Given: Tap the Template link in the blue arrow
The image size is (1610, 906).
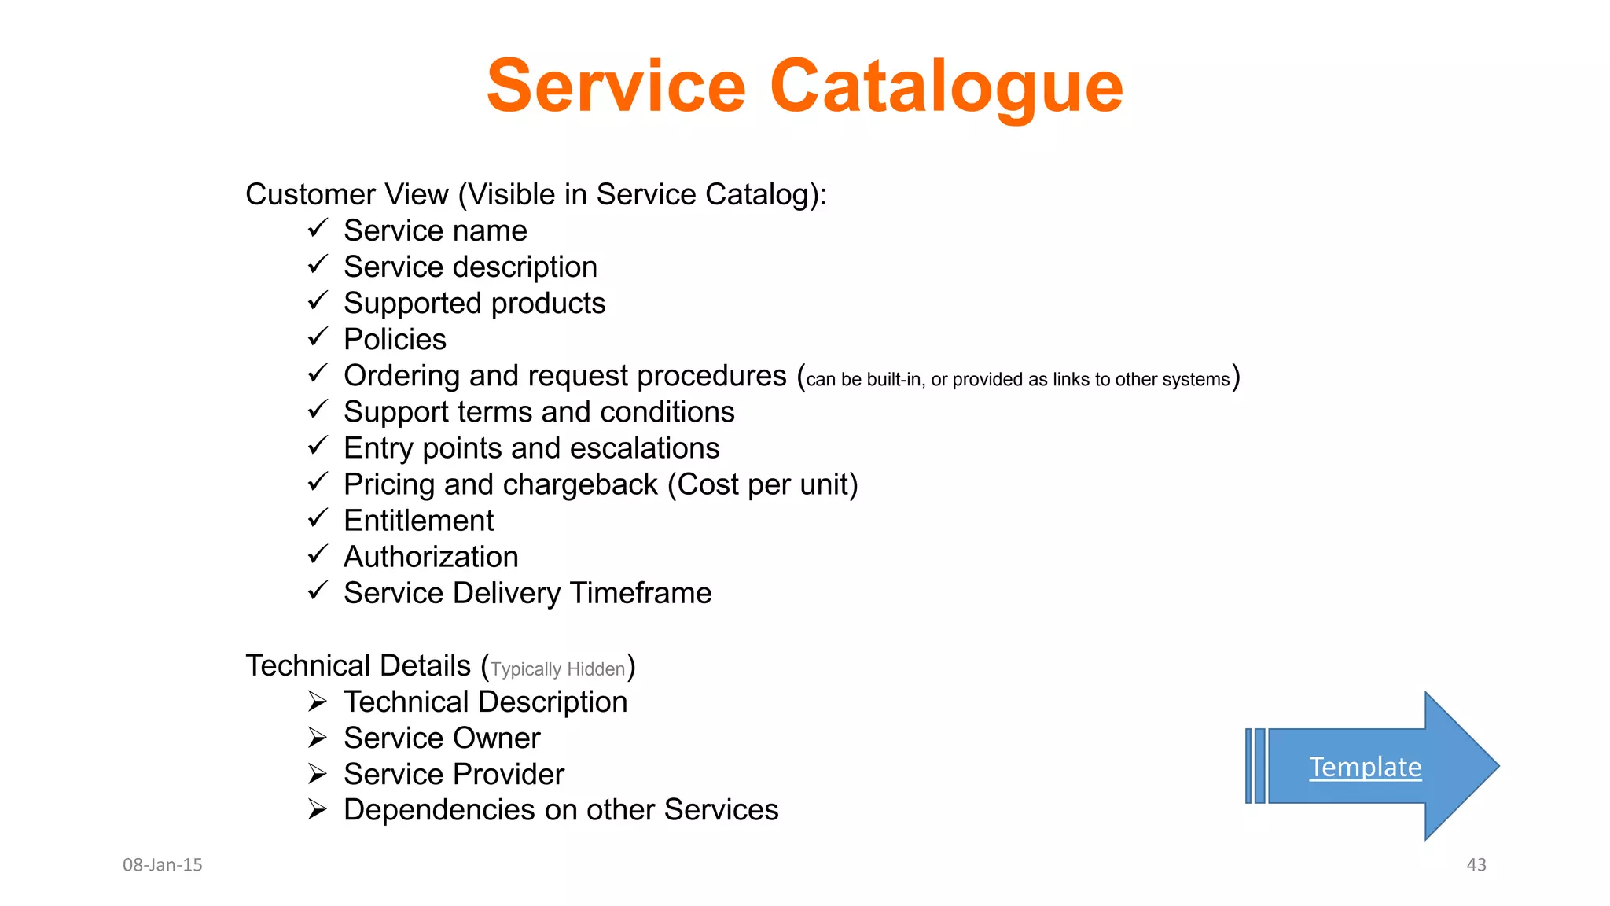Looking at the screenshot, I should pyautogui.click(x=1365, y=767).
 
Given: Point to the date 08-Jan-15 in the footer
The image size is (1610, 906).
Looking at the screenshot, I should pyautogui.click(x=163, y=864).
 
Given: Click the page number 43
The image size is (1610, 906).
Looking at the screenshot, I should pyautogui.click(x=1476, y=864).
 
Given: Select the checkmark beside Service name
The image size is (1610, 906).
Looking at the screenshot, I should pyautogui.click(x=318, y=229).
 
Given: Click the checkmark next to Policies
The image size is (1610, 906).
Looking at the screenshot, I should pyautogui.click(x=318, y=337).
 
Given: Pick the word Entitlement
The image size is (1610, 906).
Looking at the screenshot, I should pyautogui.click(x=418, y=521).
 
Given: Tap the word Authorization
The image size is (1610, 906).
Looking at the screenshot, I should pyautogui.click(x=431, y=557).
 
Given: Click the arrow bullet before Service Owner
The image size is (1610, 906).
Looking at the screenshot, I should pyautogui.click(x=318, y=738).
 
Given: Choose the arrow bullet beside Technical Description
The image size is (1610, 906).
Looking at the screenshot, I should pyautogui.click(x=318, y=701).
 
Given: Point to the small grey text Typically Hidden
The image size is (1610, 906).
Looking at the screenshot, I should pyautogui.click(x=557, y=669).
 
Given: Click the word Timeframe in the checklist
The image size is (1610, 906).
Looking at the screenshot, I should pyautogui.click(x=641, y=593).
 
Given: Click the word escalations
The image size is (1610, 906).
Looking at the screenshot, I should pyautogui.click(x=645, y=448).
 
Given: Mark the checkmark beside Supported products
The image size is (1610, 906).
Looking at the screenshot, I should pyautogui.click(x=318, y=301).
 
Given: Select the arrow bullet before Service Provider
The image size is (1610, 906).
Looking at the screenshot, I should pyautogui.click(x=318, y=774).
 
